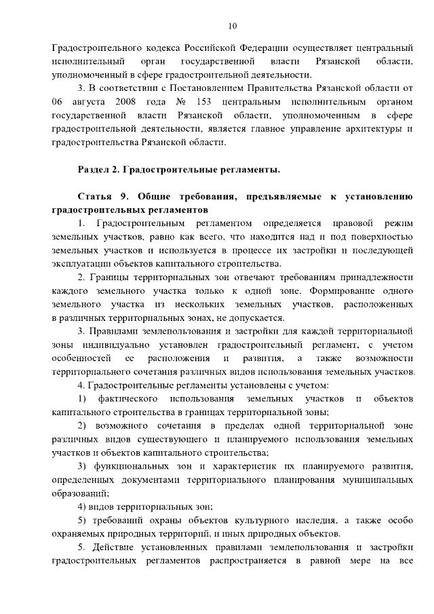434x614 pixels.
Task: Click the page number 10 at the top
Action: pos(233,26)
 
